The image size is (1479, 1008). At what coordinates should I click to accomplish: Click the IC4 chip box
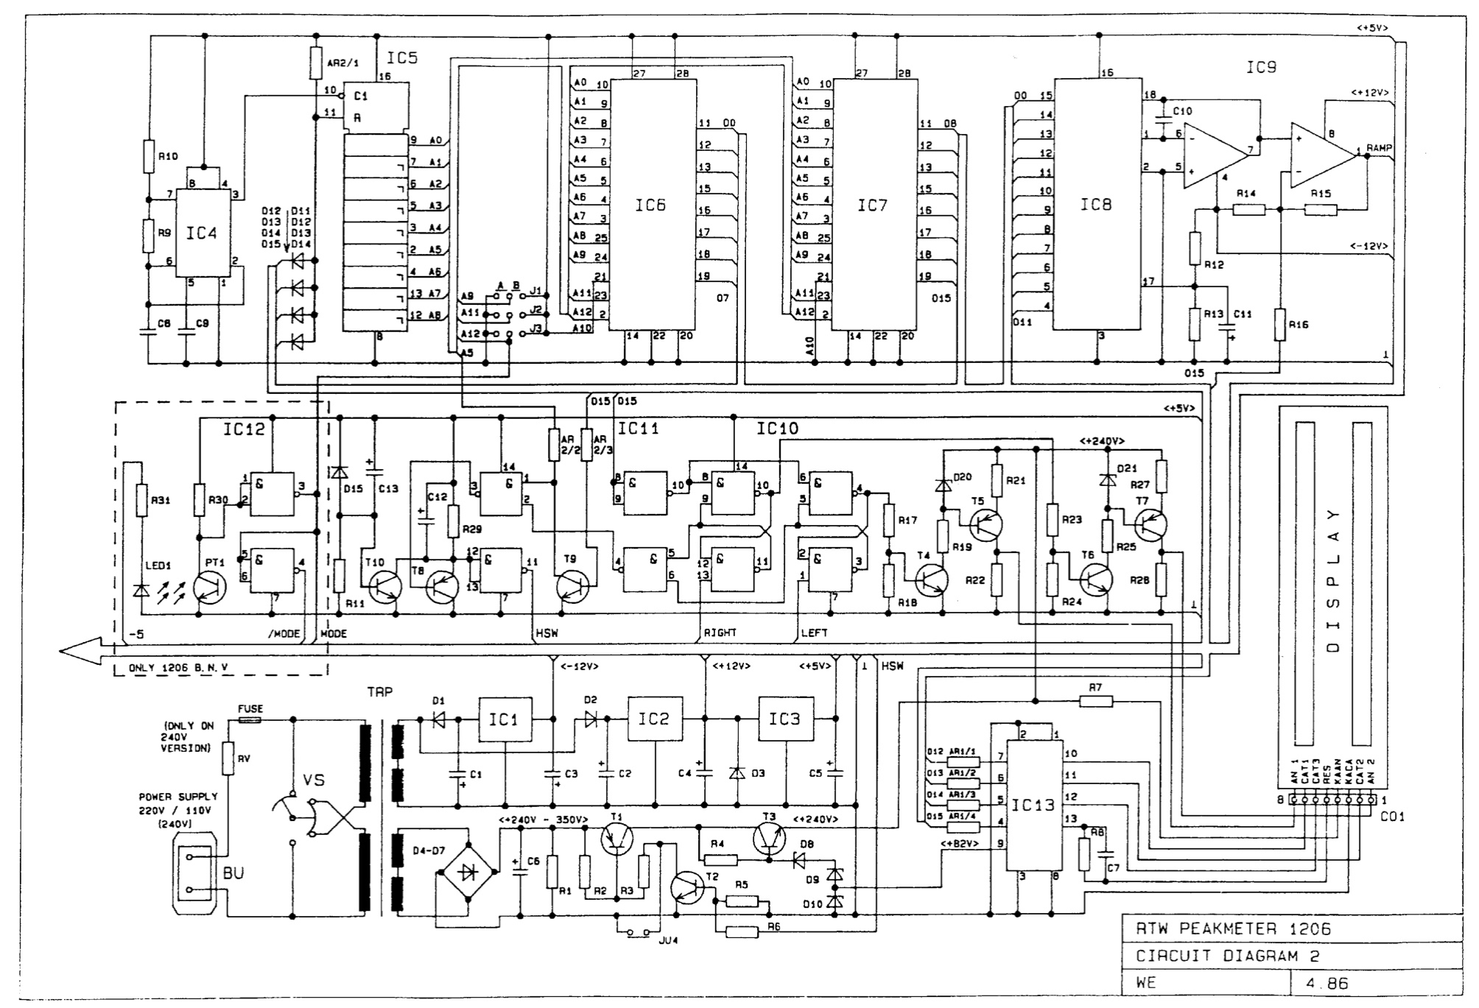tap(202, 233)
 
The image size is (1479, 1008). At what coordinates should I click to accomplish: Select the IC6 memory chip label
tap(650, 205)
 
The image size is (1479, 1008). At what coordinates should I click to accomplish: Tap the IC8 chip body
tap(1096, 205)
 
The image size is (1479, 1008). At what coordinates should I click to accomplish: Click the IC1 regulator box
tap(505, 719)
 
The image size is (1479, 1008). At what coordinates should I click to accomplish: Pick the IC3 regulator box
tap(785, 719)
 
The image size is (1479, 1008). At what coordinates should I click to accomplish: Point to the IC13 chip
tap(1034, 806)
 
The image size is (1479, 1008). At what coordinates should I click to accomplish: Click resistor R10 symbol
tap(147, 157)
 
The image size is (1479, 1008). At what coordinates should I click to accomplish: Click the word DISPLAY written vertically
tap(1333, 581)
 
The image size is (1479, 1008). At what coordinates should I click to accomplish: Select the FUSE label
tap(250, 709)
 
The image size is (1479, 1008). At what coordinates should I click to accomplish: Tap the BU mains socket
tap(195, 873)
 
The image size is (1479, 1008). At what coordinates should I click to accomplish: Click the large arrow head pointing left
tap(81, 652)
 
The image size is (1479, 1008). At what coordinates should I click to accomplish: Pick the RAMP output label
tap(1380, 148)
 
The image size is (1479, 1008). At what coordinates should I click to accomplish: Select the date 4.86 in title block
tap(1340, 983)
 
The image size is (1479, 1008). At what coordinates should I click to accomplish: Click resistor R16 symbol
tap(1280, 324)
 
